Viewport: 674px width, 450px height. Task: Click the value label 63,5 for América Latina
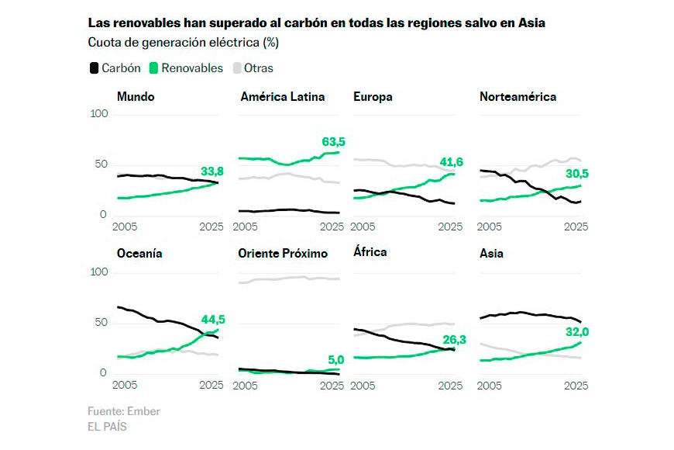click(x=332, y=141)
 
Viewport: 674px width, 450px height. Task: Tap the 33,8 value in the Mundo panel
click(x=213, y=171)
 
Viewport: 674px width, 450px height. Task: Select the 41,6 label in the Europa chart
click(x=451, y=161)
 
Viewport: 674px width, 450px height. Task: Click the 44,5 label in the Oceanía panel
click(x=213, y=320)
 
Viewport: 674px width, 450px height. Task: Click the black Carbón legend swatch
click(x=94, y=68)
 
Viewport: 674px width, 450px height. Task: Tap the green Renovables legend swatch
click(x=154, y=68)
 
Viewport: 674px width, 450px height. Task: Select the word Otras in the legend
click(x=259, y=68)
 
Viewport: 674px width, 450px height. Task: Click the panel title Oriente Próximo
click(x=283, y=254)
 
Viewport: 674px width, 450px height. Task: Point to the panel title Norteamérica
click(x=518, y=97)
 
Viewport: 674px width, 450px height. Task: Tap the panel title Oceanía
click(x=139, y=254)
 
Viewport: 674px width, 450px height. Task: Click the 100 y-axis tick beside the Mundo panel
click(x=99, y=114)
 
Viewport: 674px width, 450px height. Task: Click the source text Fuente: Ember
click(x=124, y=411)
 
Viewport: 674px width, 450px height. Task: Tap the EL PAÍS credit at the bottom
click(x=107, y=426)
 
